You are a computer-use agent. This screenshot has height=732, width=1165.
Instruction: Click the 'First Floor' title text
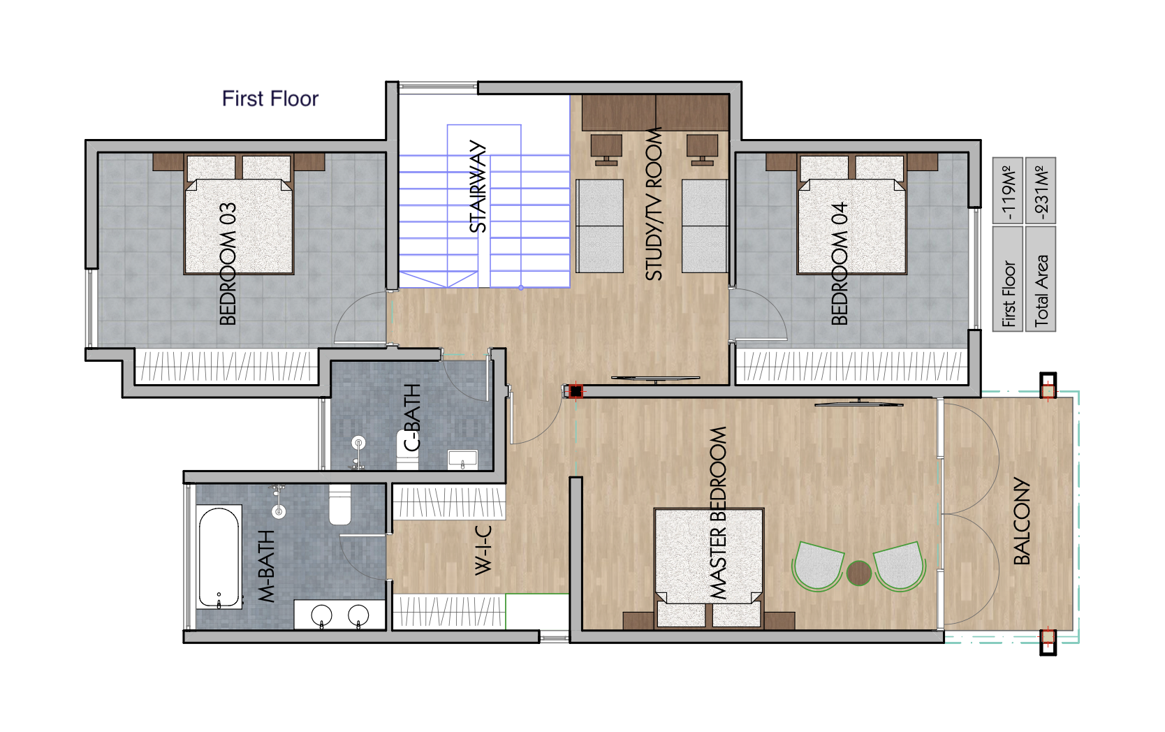pyautogui.click(x=270, y=98)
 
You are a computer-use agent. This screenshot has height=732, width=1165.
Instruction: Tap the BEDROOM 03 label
pyautogui.click(x=228, y=264)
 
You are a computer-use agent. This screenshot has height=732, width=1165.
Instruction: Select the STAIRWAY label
pyautogui.click(x=478, y=186)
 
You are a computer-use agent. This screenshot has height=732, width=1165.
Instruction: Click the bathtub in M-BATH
pyautogui.click(x=219, y=557)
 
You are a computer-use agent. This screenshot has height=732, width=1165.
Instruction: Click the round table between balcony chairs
pyautogui.click(x=858, y=573)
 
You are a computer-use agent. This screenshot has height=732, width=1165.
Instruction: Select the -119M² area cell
pyautogui.click(x=1008, y=190)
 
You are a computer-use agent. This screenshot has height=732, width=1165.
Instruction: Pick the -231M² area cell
pyautogui.click(x=1041, y=190)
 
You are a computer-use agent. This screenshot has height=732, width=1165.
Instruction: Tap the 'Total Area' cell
pyautogui.click(x=1041, y=279)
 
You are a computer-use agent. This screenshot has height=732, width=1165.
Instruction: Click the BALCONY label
pyautogui.click(x=1022, y=521)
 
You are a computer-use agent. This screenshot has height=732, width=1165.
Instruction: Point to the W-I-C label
pyautogui.click(x=483, y=550)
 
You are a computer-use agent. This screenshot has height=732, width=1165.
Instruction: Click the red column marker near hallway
pyautogui.click(x=575, y=391)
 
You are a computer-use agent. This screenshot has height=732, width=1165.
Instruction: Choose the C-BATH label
pyautogui.click(x=413, y=417)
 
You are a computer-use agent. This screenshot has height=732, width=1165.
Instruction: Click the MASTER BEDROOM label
pyautogui.click(x=718, y=513)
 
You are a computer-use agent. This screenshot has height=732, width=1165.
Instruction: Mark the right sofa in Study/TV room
pyautogui.click(x=704, y=226)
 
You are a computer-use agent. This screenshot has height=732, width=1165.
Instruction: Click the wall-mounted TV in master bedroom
pyautogui.click(x=858, y=403)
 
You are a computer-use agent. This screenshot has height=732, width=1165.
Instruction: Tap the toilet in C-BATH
pyautogui.click(x=407, y=448)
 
